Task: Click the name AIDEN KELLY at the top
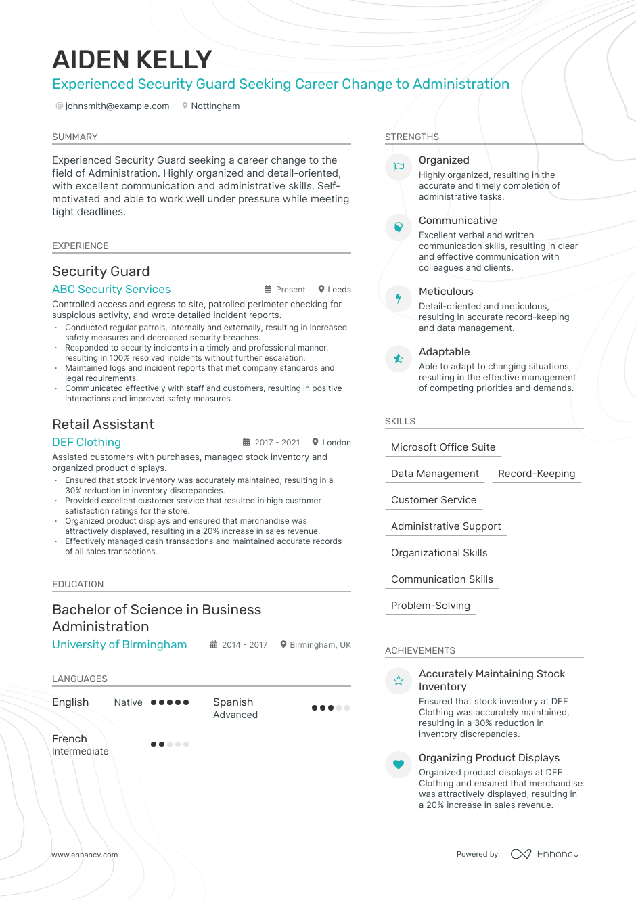[132, 60]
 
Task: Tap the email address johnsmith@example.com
[117, 106]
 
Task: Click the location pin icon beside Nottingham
[185, 106]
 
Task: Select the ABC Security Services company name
[111, 290]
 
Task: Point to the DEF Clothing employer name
[87, 443]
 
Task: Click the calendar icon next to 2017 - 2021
[246, 443]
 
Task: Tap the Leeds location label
[339, 290]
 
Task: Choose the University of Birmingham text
[119, 645]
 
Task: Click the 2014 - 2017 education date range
[244, 645]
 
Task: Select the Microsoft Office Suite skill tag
[443, 447]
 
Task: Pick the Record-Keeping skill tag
[537, 474]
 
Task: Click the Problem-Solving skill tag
[430, 606]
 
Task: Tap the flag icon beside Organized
[399, 167]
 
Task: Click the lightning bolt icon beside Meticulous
[399, 298]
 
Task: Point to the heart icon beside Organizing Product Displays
[399, 765]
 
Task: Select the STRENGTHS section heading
[412, 137]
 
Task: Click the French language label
[70, 739]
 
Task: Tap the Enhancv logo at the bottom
[545, 854]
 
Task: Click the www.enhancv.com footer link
[85, 855]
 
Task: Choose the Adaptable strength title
[444, 352]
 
